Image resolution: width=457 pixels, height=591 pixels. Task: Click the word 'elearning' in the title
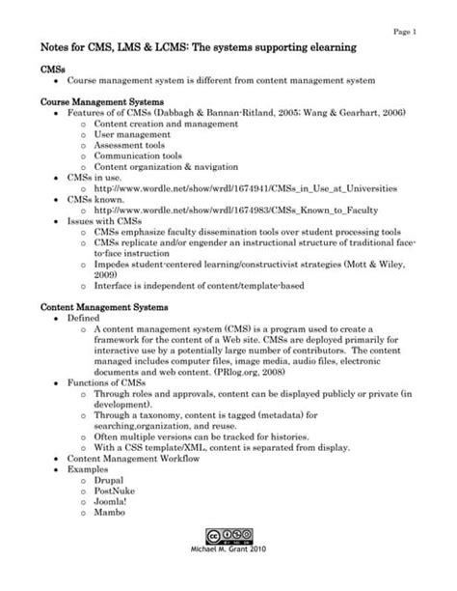tap(325, 48)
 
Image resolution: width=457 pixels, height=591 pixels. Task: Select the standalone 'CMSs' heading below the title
tap(54, 69)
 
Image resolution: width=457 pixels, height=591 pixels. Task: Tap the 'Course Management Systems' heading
tap(103, 101)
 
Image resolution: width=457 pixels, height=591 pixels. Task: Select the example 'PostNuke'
tap(116, 491)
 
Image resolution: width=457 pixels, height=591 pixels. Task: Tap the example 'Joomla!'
tap(112, 502)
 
